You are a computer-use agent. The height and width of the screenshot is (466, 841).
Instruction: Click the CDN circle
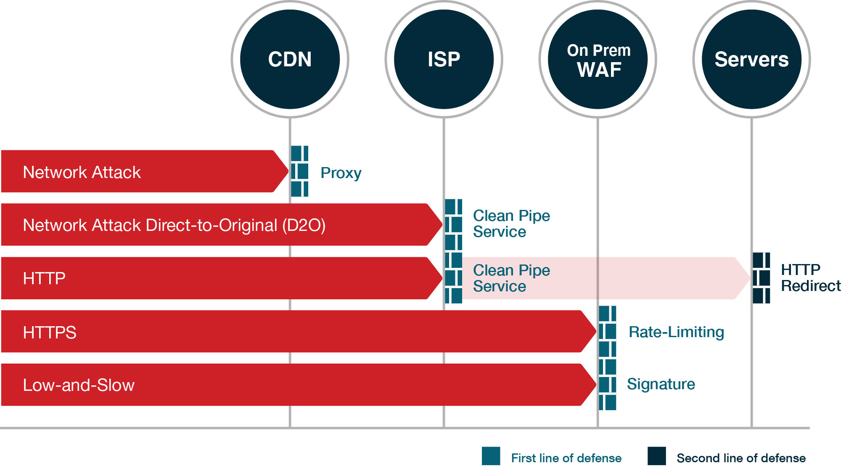[290, 59]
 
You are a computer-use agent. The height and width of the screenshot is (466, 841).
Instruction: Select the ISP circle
[444, 59]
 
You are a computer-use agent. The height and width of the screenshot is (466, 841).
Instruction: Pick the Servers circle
[751, 59]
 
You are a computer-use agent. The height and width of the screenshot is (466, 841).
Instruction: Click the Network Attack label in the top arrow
[82, 173]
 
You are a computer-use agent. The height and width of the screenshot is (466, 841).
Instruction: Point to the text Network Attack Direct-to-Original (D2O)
[174, 225]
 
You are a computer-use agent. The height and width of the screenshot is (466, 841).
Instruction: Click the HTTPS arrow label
[50, 332]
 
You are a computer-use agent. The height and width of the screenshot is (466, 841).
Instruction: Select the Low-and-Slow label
[79, 385]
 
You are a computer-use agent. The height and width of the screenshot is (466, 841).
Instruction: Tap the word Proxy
[341, 173]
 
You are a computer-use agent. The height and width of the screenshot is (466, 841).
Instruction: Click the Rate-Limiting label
[676, 332]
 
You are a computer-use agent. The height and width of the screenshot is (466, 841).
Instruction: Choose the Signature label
[661, 384]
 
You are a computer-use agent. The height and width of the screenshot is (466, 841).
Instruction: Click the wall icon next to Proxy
[300, 171]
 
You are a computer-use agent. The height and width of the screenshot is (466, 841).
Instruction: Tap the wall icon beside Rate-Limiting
[608, 331]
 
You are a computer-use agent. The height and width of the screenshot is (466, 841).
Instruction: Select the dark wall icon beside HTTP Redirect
[762, 278]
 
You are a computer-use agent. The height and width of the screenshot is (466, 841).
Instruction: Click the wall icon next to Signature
[608, 385]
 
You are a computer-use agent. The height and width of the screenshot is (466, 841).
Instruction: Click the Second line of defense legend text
[741, 458]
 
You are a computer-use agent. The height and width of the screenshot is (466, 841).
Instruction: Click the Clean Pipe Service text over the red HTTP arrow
[511, 278]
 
